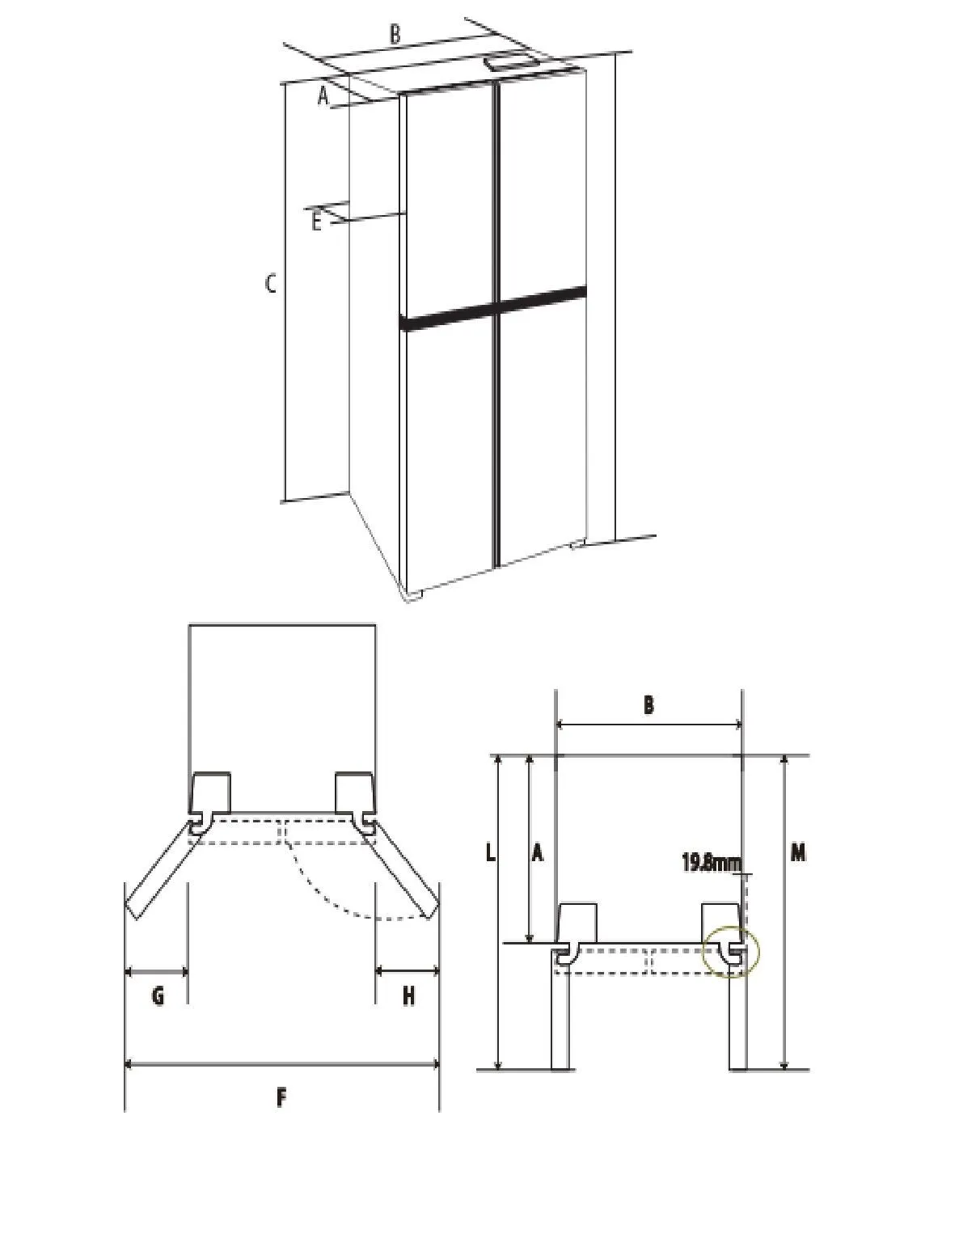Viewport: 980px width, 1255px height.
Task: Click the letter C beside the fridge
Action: click(x=270, y=284)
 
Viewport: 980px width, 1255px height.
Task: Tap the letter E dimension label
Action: click(x=316, y=222)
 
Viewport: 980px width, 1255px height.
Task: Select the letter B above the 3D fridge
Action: click(x=395, y=34)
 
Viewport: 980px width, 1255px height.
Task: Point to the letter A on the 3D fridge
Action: click(x=323, y=95)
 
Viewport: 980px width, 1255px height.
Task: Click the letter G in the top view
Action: click(x=158, y=995)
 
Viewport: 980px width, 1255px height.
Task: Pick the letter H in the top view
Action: click(x=408, y=995)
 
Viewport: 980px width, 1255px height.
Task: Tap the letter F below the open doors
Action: click(x=281, y=1097)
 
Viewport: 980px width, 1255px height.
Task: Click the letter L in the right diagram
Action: click(x=490, y=852)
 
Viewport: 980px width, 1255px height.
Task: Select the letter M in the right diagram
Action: click(x=797, y=852)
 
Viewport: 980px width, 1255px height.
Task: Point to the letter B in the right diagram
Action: click(x=648, y=705)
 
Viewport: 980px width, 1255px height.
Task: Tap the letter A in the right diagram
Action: click(x=537, y=852)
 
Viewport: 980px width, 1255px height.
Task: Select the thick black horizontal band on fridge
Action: click(x=492, y=308)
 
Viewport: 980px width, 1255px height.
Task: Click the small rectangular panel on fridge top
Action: click(x=513, y=61)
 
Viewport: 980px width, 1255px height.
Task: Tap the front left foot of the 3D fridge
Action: click(x=413, y=594)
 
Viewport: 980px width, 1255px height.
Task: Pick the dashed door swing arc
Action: click(x=340, y=889)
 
